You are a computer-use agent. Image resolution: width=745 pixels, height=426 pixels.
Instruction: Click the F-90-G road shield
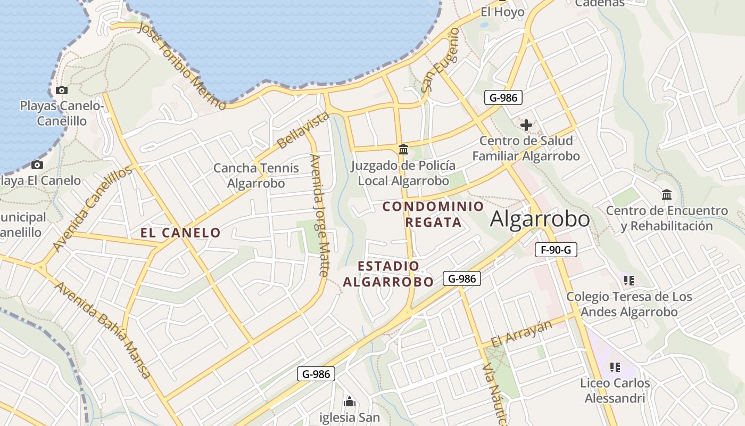[x=556, y=250]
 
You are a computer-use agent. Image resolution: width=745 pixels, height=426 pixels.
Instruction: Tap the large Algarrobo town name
[x=540, y=219]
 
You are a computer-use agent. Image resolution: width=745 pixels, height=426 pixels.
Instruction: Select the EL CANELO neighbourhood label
[x=180, y=233]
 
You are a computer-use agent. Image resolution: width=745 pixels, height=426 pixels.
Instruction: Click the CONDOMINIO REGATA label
[x=433, y=214]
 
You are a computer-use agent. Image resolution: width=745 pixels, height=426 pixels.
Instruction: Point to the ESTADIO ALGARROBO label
[x=388, y=274]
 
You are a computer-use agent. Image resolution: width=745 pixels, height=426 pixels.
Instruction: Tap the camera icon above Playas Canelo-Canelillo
[x=62, y=91]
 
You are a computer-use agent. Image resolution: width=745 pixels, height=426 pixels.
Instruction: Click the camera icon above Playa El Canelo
[x=37, y=165]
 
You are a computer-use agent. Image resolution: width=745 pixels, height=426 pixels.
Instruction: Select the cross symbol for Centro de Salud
[x=526, y=125]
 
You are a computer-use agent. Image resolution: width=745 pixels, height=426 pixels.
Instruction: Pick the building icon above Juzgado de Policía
[x=403, y=150]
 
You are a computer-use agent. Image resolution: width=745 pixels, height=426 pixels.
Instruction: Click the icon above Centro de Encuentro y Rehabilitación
[x=667, y=195]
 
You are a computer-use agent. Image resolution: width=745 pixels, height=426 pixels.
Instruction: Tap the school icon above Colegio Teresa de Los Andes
[x=628, y=280]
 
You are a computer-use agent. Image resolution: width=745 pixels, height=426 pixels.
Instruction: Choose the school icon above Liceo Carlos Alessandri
[x=615, y=367]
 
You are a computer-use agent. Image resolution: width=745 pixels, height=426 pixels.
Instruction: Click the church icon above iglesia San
[x=350, y=401]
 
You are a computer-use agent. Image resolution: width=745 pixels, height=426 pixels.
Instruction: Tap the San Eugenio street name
[x=441, y=60]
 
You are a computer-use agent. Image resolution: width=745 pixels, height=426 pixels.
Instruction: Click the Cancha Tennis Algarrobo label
[x=256, y=176]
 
